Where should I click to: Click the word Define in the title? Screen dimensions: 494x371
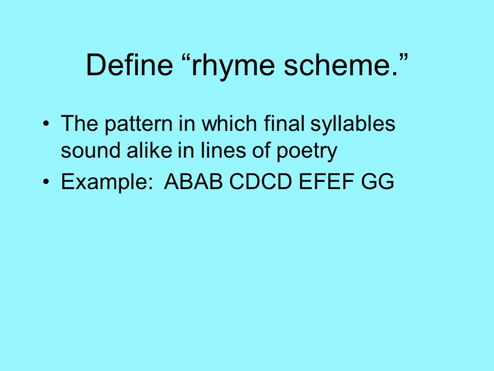(129, 64)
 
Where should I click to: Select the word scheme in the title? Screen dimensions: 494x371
(337, 64)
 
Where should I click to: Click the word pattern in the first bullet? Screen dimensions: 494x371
(138, 124)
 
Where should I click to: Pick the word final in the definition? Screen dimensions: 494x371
(284, 123)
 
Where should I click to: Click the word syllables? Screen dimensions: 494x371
(353, 124)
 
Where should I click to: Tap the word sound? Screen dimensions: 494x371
(91, 150)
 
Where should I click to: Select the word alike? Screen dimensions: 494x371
(149, 150)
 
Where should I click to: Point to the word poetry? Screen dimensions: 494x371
(307, 151)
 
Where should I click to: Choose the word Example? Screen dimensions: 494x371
(107, 182)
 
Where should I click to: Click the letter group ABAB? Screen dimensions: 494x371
(193, 181)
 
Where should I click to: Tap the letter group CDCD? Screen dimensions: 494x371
(260, 181)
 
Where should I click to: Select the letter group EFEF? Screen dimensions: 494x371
(326, 181)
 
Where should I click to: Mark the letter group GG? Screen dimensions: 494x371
(377, 181)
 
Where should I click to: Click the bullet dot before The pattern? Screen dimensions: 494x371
(46, 123)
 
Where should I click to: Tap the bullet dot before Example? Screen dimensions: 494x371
(46, 182)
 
